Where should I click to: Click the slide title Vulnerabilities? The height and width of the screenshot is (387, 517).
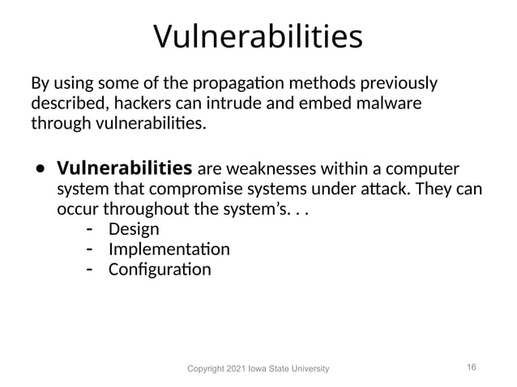click(x=258, y=36)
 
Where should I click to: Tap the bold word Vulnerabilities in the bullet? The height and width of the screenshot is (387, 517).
click(x=123, y=169)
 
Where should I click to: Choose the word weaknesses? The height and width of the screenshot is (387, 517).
click(x=273, y=170)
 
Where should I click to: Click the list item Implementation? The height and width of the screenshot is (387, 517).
click(x=169, y=249)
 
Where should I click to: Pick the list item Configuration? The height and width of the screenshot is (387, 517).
click(x=160, y=268)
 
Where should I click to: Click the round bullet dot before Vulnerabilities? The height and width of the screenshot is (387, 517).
click(x=39, y=171)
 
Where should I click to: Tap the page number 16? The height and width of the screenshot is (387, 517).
click(x=472, y=367)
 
